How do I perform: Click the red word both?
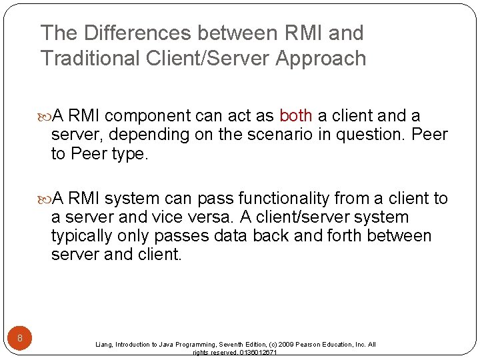(x=296, y=116)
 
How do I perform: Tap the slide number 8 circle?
(x=20, y=339)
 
